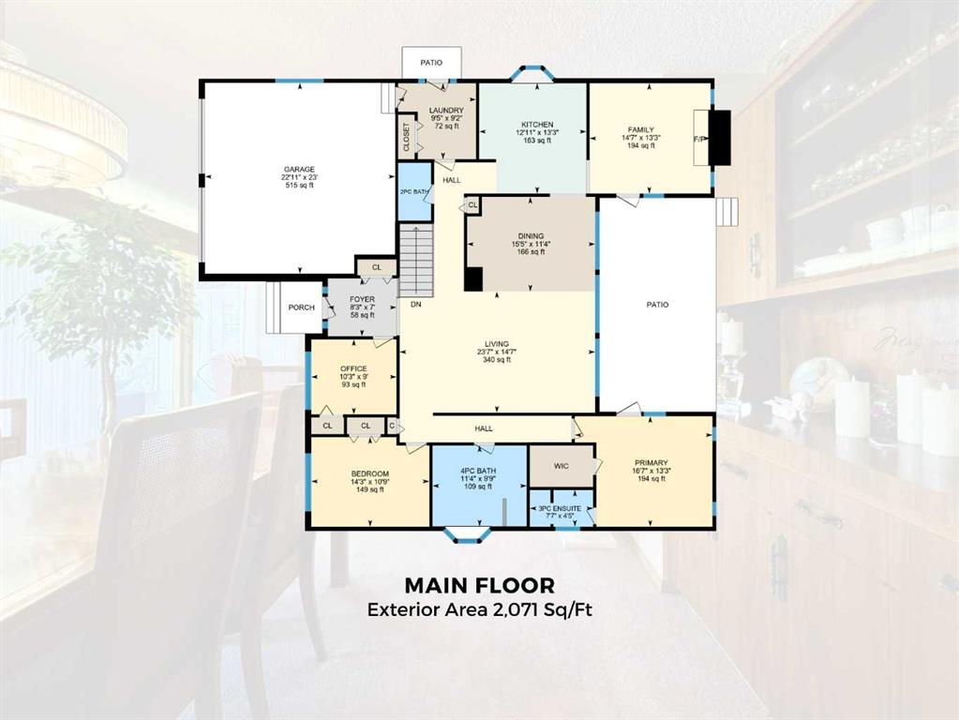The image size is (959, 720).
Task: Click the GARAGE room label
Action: [x=299, y=170]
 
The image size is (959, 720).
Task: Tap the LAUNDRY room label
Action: [x=446, y=110]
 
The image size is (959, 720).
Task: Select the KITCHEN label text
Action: [x=537, y=124]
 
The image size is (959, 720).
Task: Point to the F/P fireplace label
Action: [x=699, y=139]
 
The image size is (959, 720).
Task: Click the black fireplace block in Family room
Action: [x=723, y=138]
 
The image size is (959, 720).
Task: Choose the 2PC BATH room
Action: [x=414, y=191]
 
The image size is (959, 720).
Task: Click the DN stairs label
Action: [x=416, y=304]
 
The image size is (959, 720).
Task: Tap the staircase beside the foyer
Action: [x=416, y=261]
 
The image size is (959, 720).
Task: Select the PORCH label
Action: [x=302, y=307]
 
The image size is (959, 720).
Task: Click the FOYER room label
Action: [x=362, y=299]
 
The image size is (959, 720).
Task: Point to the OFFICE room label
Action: [x=353, y=368]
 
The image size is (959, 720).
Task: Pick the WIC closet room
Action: [x=561, y=466]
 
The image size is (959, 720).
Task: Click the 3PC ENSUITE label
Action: [x=560, y=508]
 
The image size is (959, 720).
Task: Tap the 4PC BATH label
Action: [x=478, y=471]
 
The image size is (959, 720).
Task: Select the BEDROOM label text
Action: [x=370, y=473]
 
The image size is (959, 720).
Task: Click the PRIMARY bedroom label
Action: [x=651, y=462]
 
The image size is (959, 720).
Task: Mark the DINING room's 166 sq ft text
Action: [x=531, y=251]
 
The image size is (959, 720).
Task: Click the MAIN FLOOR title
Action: [x=480, y=585]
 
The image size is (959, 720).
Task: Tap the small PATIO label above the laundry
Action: [x=431, y=63]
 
